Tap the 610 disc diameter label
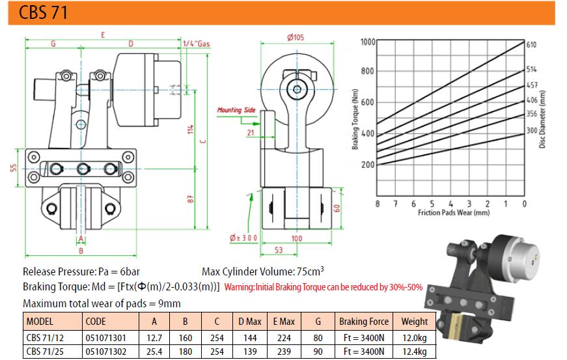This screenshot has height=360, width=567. (x=531, y=45)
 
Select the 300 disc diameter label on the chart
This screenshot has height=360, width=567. (x=531, y=131)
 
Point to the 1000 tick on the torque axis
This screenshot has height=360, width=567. (x=368, y=42)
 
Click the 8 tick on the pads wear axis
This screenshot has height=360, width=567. (x=378, y=204)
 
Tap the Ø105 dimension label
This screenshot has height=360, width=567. (x=295, y=37)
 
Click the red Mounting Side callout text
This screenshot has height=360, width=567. (x=236, y=111)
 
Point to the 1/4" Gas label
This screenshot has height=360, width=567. (x=197, y=44)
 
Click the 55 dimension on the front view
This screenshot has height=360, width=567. (x=12, y=168)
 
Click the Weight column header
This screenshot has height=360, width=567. (x=414, y=322)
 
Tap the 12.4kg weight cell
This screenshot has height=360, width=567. (x=414, y=352)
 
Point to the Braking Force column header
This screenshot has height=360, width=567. (x=364, y=322)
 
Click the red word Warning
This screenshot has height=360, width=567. (x=239, y=287)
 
